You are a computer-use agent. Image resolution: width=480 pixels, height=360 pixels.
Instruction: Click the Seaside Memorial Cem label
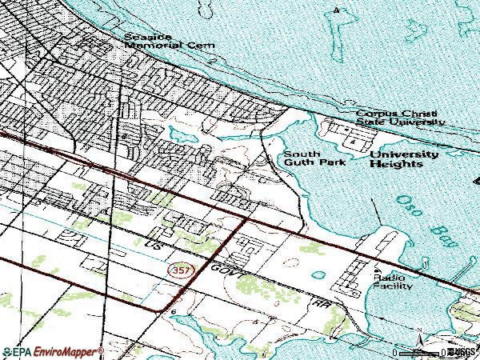(x=169, y=42)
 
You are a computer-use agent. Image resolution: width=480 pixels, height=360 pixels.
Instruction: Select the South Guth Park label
(x=302, y=158)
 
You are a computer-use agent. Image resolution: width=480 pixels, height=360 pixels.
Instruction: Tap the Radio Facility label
(x=390, y=280)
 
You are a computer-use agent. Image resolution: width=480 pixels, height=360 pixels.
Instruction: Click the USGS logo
(x=464, y=351)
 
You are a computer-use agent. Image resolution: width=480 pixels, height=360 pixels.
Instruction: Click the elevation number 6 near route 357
(x=173, y=306)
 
